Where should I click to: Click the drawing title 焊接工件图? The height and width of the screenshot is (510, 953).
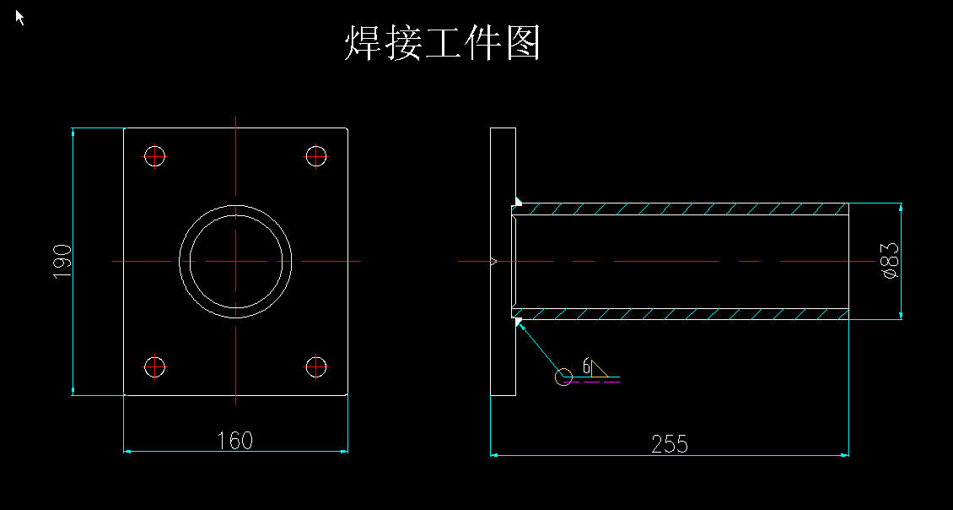pyautogui.click(x=443, y=43)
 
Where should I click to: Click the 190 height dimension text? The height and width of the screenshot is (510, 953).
pyautogui.click(x=62, y=262)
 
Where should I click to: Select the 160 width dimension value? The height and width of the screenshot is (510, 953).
pyautogui.click(x=235, y=440)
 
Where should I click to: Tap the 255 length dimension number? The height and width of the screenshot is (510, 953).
pyautogui.click(x=669, y=443)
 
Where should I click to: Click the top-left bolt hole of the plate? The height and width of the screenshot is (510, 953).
pyautogui.click(x=155, y=156)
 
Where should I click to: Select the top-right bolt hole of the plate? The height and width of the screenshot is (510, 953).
pyautogui.click(x=316, y=156)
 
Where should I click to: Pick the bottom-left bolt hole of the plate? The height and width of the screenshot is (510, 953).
pyautogui.click(x=155, y=367)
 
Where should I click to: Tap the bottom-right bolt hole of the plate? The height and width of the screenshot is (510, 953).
pyautogui.click(x=316, y=367)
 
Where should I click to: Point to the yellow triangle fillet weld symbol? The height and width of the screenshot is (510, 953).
pyautogui.click(x=600, y=369)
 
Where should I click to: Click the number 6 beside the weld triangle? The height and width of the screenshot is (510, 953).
pyautogui.click(x=586, y=367)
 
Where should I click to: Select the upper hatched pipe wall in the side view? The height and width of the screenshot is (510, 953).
pyautogui.click(x=681, y=209)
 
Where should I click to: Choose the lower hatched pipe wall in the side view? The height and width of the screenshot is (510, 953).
pyautogui.click(x=681, y=313)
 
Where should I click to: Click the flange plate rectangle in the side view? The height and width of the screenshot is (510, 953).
pyautogui.click(x=503, y=262)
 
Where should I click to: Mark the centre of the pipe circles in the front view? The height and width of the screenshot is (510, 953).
pyautogui.click(x=236, y=261)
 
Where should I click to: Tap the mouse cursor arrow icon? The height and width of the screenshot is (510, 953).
pyautogui.click(x=20, y=17)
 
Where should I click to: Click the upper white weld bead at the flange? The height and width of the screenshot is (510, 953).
pyautogui.click(x=519, y=200)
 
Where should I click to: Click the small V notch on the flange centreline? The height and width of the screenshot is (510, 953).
pyautogui.click(x=493, y=261)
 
